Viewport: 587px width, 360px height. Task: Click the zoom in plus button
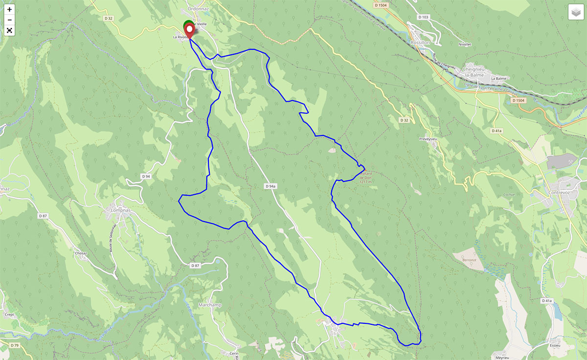click(x=9, y=9)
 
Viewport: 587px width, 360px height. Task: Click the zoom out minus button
click(x=9, y=20)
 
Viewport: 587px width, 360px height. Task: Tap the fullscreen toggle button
click(x=9, y=30)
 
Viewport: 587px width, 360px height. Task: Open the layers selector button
click(x=576, y=12)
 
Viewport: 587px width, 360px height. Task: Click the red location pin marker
click(x=189, y=30)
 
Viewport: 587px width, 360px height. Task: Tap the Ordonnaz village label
click(x=198, y=9)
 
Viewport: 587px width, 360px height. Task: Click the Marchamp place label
click(x=211, y=305)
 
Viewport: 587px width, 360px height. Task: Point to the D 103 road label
click(x=423, y=17)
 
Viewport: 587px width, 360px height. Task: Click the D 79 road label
click(x=14, y=345)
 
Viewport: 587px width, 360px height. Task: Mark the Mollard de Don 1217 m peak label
click(x=366, y=178)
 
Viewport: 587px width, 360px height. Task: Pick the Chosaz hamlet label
click(x=80, y=253)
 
